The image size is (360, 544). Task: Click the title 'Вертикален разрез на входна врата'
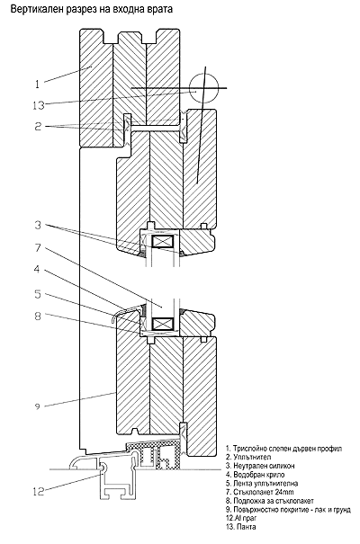pos(92,9)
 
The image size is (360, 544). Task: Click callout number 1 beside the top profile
pos(37,84)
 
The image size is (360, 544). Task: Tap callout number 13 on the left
pos(39,105)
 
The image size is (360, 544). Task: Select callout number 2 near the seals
pos(38,126)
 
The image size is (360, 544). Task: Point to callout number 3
pos(38,225)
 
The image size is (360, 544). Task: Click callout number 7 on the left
pos(38,247)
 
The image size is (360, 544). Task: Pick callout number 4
pos(37,269)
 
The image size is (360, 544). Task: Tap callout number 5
pos(38,294)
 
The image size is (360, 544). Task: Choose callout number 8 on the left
pos(38,317)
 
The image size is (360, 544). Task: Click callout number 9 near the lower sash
pos(38,406)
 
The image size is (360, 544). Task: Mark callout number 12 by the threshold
pos(39,491)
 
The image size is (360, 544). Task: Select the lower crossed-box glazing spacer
pos(163,325)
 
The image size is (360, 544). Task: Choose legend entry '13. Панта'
pos(241,527)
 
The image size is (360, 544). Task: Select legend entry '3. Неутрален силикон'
pos(260,466)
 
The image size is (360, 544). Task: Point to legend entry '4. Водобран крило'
pos(256,475)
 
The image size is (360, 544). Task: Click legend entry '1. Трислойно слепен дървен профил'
pos(284,449)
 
